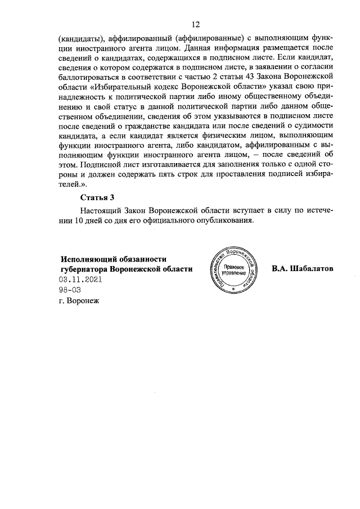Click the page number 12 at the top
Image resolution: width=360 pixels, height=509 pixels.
196,24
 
